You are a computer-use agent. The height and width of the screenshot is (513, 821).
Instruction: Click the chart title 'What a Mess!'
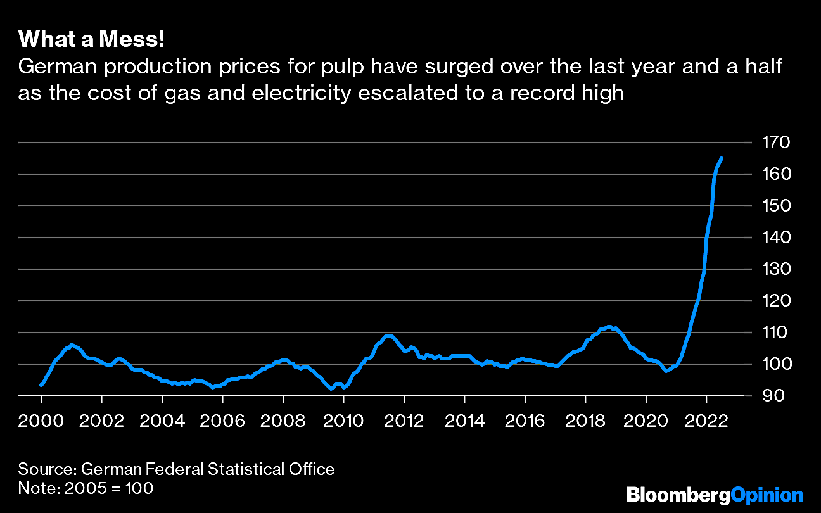pyautogui.click(x=92, y=40)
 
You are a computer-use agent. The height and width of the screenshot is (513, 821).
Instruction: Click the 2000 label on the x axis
pyautogui.click(x=41, y=421)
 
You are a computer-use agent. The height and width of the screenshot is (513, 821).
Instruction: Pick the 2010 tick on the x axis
pyautogui.click(x=343, y=421)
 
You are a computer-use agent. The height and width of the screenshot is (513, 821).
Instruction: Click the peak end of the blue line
pyautogui.click(x=722, y=158)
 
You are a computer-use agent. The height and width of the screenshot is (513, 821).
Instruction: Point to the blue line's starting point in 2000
pyautogui.click(x=41, y=384)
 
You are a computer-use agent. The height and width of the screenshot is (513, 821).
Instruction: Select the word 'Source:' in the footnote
pyautogui.click(x=48, y=469)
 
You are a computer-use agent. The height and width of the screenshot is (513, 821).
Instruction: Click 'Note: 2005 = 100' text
pyautogui.click(x=86, y=488)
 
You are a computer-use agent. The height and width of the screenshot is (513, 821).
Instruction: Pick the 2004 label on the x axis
pyautogui.click(x=162, y=421)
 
